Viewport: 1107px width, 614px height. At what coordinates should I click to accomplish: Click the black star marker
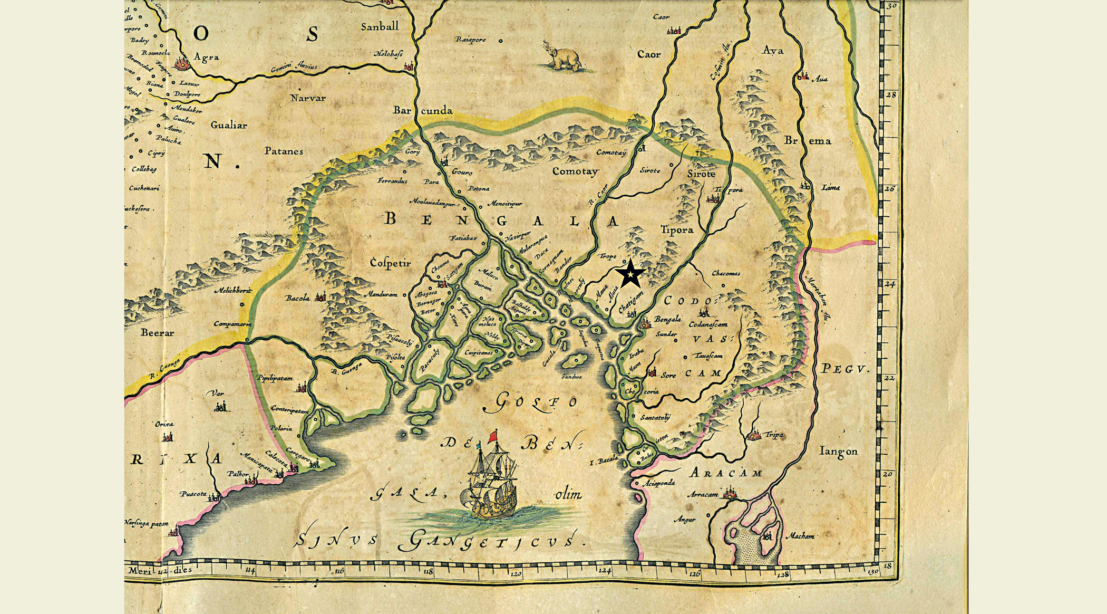[x=630, y=274]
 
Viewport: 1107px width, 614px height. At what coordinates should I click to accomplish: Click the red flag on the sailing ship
[x=493, y=436]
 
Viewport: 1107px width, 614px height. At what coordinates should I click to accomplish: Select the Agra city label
[x=206, y=57]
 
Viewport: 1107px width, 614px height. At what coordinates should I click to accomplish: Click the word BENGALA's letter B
[x=390, y=218]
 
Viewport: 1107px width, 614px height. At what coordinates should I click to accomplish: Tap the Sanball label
[x=380, y=26]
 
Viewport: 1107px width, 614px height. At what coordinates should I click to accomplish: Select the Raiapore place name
[x=470, y=40]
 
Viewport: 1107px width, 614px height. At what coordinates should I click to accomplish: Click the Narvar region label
[x=308, y=98]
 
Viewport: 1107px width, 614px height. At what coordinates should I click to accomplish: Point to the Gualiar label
[x=228, y=125]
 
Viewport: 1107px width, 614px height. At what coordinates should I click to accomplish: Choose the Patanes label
[x=284, y=151]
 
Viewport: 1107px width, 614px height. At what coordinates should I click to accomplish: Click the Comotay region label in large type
[x=575, y=171]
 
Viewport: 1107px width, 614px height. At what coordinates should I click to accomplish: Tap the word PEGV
[x=844, y=369]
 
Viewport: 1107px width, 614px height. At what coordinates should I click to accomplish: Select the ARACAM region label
[x=725, y=473]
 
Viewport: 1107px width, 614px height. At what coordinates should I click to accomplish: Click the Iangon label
[x=839, y=451]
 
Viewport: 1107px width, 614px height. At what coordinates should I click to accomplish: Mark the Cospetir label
[x=390, y=263]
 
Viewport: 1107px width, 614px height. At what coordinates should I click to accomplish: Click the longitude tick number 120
[x=516, y=573]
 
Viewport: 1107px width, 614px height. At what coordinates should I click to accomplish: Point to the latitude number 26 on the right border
[x=889, y=188]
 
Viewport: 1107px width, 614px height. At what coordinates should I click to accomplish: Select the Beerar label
[x=157, y=333]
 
